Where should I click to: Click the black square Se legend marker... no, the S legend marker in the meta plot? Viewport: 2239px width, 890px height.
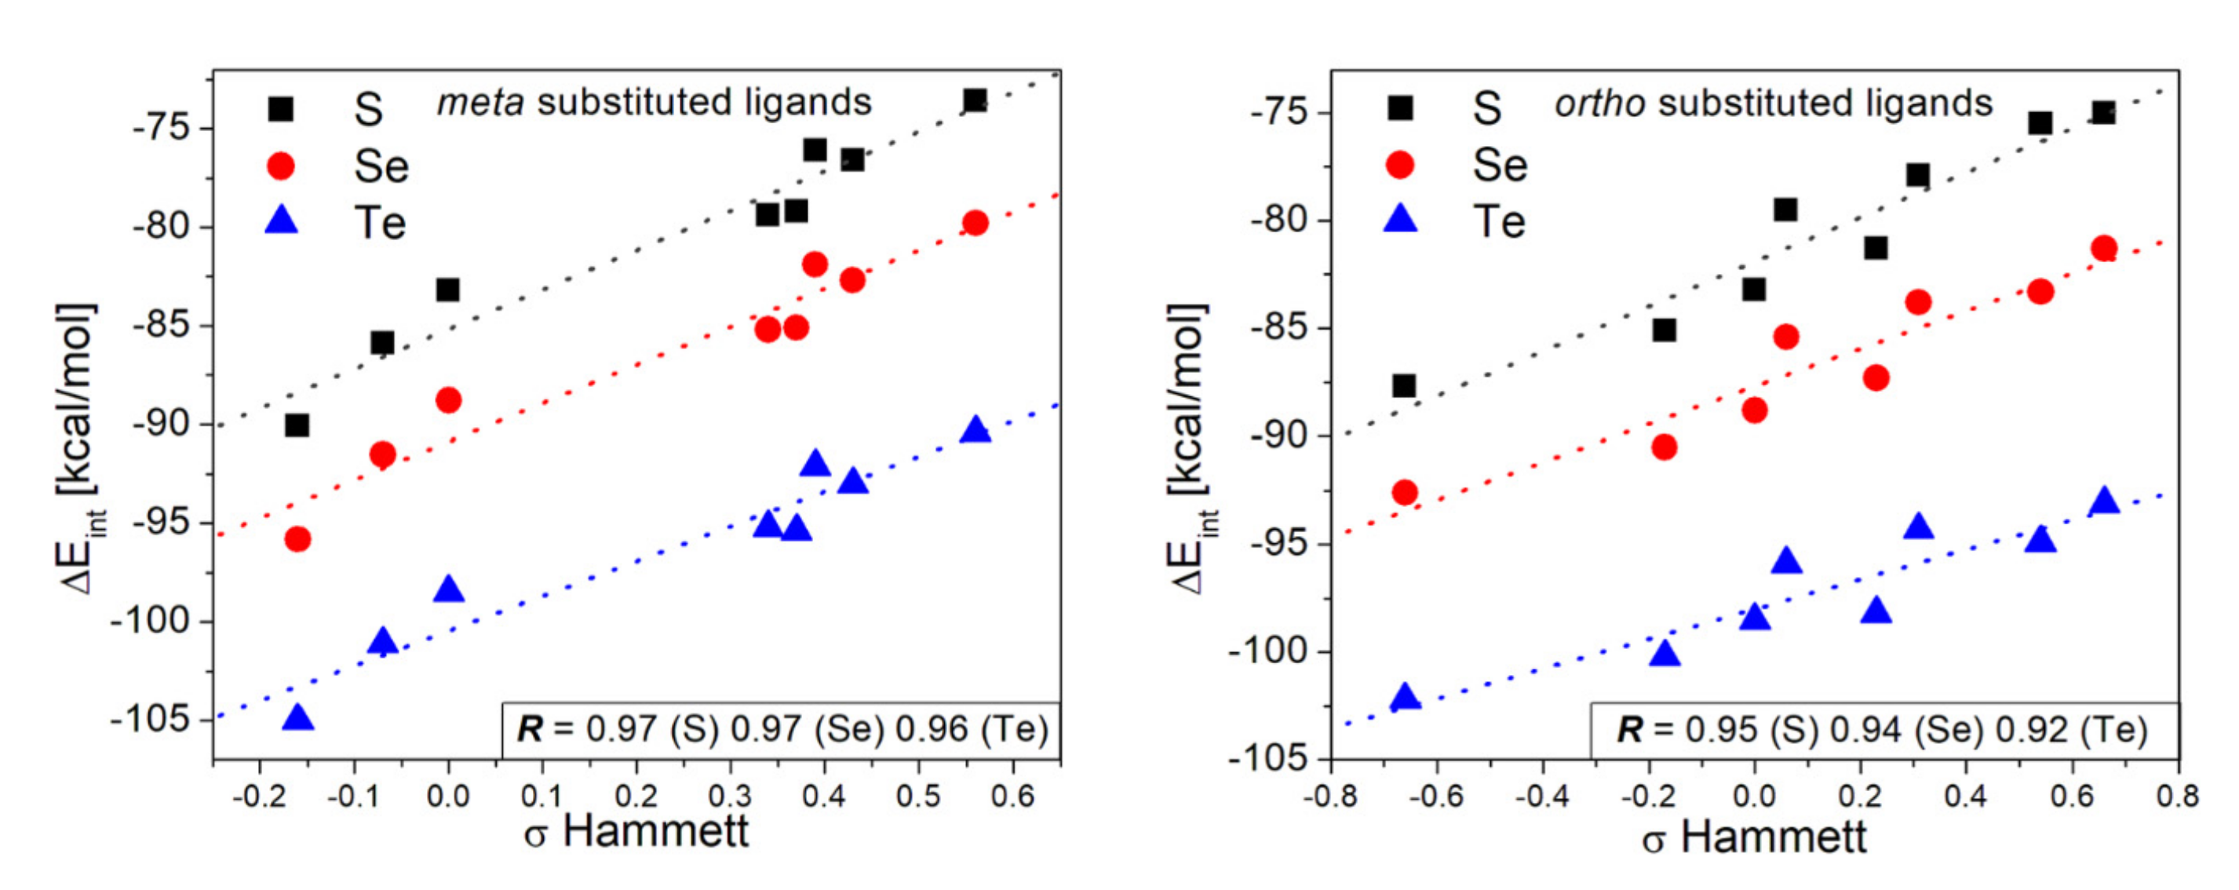(x=280, y=108)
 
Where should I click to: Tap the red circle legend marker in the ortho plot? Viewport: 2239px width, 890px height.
(x=1398, y=164)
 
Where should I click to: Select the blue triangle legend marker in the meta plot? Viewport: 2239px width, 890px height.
(x=281, y=221)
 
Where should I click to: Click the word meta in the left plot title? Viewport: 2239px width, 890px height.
(x=480, y=103)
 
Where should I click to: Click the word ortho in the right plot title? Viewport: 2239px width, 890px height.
(x=1599, y=104)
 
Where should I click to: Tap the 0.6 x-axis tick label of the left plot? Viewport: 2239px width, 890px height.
(x=1012, y=795)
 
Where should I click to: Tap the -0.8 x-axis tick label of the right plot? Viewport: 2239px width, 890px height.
(x=1330, y=795)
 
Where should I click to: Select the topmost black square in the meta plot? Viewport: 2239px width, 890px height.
(x=975, y=100)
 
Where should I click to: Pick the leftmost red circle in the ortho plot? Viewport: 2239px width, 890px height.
(x=1405, y=493)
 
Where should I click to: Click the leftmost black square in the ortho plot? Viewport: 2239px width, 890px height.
(x=1404, y=385)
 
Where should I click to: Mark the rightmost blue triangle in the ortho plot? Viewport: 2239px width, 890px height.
(x=2104, y=502)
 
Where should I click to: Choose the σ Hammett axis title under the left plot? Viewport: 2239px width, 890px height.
(x=636, y=832)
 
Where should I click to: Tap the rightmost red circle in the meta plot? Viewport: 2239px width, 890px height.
(x=975, y=223)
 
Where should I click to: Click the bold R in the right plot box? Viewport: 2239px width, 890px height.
(x=1629, y=729)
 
